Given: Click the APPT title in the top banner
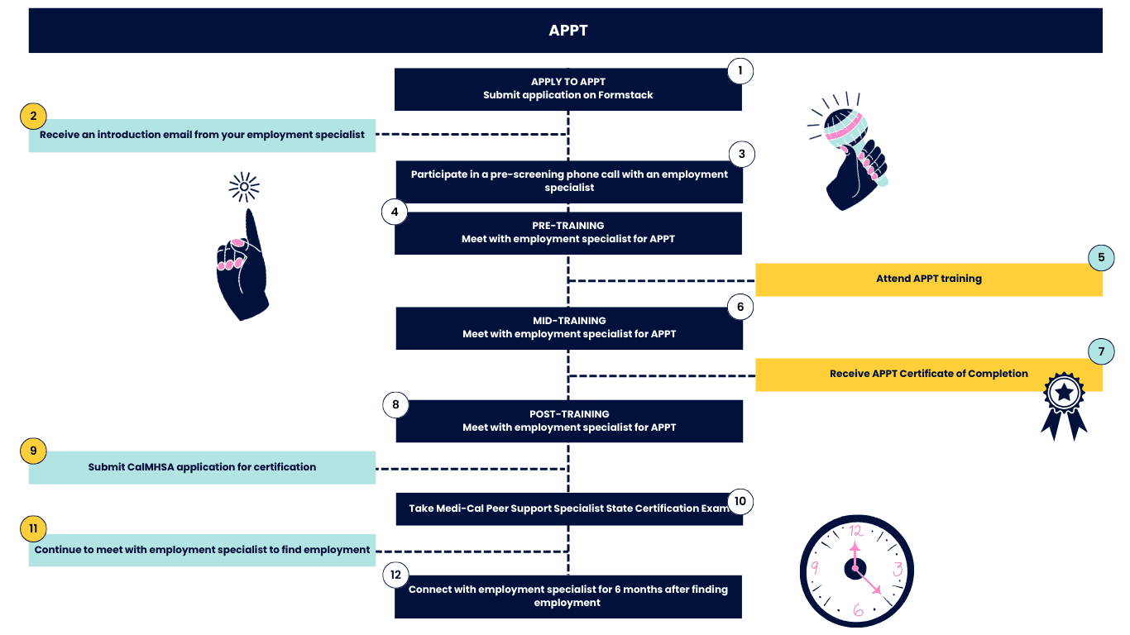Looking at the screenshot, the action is pos(568,31).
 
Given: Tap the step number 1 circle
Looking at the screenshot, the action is pos(740,70).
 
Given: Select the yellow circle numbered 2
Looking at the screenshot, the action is pos(33,116).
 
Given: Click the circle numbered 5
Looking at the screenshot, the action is pos(1101,258).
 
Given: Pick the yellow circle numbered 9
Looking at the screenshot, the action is pos(33,451).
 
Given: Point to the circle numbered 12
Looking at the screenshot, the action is pos(395,575).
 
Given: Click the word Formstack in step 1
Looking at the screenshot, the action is pos(625,95).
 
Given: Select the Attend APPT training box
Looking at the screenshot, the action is pos(929,279).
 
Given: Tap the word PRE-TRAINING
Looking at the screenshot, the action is pos(568,226).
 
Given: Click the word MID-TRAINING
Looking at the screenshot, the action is pos(569,320).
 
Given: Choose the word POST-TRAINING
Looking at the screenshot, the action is pos(569,413).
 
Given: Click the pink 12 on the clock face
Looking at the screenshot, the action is pos(855,531).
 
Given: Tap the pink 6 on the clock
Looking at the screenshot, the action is pos(858,610).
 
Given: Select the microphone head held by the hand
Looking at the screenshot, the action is pos(845,127).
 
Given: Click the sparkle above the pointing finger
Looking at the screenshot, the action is pos(244,187).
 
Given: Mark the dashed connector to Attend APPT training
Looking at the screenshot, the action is pos(661,280).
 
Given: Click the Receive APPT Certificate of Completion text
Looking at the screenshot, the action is pos(929,374).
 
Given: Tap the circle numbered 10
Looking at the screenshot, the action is pos(740,501).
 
